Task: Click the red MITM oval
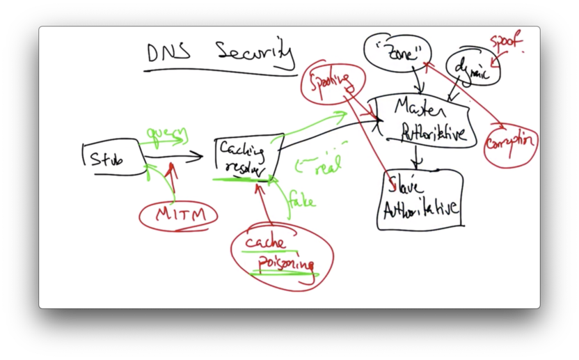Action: [178, 215]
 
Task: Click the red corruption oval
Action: [511, 142]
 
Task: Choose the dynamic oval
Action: [472, 68]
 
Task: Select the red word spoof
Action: [505, 42]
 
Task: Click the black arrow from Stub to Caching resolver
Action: [174, 157]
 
